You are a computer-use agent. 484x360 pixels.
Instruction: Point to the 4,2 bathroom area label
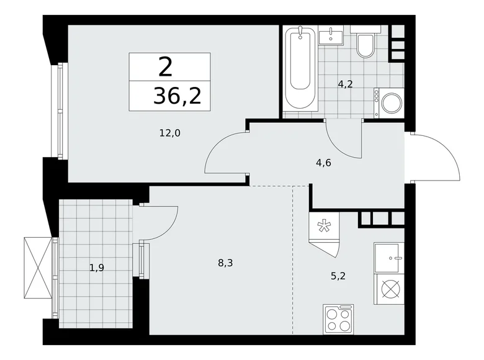pyautogui.click(x=345, y=84)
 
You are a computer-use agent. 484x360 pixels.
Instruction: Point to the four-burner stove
pyautogui.click(x=338, y=319)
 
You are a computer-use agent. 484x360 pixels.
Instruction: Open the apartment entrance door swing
pyautogui.click(x=437, y=157)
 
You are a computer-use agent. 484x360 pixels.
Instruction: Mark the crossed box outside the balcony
pyautogui.click(x=37, y=266)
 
